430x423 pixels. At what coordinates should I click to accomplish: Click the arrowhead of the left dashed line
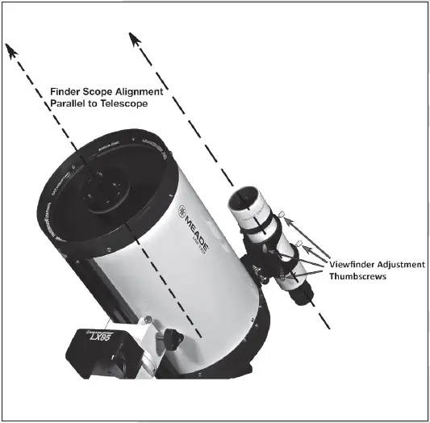click(x=11, y=52)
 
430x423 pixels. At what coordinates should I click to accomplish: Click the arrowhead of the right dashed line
click(x=133, y=40)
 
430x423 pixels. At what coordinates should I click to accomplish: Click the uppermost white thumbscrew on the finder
click(x=282, y=214)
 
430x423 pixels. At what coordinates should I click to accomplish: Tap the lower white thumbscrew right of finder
click(x=299, y=244)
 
